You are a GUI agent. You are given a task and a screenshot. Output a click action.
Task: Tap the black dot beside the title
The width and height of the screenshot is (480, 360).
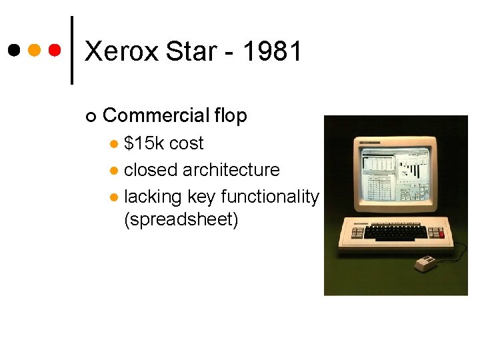[14, 51]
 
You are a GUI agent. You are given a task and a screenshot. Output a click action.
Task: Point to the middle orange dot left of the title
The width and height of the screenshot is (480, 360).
[35, 51]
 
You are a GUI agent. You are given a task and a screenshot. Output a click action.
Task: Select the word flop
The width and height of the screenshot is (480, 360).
[231, 115]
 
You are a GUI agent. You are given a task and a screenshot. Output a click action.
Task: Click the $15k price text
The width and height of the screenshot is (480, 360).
[144, 143]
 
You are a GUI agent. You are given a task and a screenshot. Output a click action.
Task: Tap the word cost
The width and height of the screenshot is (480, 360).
[186, 143]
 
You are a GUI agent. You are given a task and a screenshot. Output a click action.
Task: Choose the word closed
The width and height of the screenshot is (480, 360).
[151, 170]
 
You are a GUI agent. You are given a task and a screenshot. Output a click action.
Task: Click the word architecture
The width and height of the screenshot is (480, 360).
[231, 170]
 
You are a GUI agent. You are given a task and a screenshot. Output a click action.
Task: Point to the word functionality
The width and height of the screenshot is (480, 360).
[269, 197]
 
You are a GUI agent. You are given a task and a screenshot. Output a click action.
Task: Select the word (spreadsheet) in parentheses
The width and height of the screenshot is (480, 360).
[181, 219]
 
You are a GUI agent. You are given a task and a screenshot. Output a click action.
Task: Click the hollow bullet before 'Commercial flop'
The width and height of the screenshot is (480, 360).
[91, 117]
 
